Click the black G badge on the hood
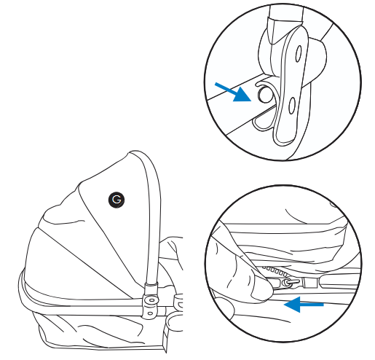pos(117,200)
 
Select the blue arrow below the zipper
pos(304,304)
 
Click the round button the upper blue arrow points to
pos(264,95)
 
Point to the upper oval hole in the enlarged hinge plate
pos(299,53)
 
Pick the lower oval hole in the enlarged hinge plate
pos(292,106)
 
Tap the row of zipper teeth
pos(275,270)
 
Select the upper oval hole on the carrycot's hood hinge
pos(152,300)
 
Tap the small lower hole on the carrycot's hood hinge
pos(151,313)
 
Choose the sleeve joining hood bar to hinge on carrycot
pos(151,289)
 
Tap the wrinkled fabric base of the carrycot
pos(102,333)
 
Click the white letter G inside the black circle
pos(117,200)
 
